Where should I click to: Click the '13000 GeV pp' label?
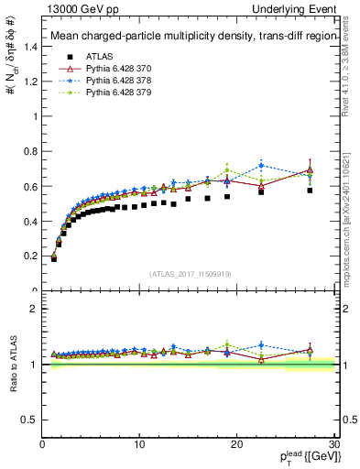[x=73, y=7]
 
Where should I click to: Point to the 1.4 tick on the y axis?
[x=29, y=48]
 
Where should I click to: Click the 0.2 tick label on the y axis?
[x=29, y=256]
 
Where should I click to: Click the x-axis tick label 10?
[x=139, y=443]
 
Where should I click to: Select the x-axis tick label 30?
[x=333, y=443]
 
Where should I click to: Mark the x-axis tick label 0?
[x=42, y=443]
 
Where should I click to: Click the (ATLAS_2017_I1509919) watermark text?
[x=190, y=274]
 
